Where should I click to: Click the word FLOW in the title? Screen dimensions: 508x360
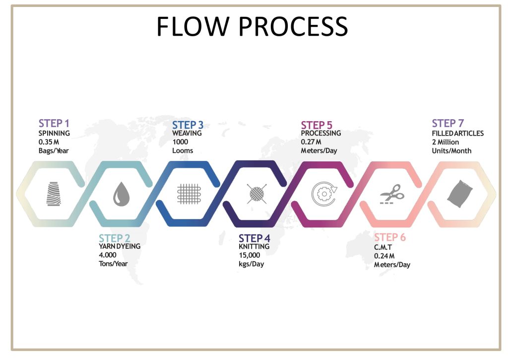193,26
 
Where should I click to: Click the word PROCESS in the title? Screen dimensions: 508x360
294,26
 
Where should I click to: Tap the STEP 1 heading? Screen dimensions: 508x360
54,123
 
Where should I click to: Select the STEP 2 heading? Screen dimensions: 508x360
115,238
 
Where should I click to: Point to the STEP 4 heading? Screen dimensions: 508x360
254,238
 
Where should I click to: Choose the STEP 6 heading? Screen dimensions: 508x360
390,237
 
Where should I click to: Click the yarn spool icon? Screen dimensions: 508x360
54,194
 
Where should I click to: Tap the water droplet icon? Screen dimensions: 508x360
121,194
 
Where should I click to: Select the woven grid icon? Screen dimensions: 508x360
189,194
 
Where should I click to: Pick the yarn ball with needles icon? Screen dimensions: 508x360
256,194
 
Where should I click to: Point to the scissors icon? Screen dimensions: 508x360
392,194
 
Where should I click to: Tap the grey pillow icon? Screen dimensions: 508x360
460,194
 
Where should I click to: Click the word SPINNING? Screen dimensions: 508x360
54,133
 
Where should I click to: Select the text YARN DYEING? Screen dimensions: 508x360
120,246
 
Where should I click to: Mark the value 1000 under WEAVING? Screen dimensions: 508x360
180,142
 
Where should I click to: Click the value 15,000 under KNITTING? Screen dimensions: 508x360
250,255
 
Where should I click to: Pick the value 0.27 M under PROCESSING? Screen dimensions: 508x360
311,142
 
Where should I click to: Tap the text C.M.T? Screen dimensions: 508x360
383,247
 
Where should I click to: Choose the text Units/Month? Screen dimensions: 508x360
451,151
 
